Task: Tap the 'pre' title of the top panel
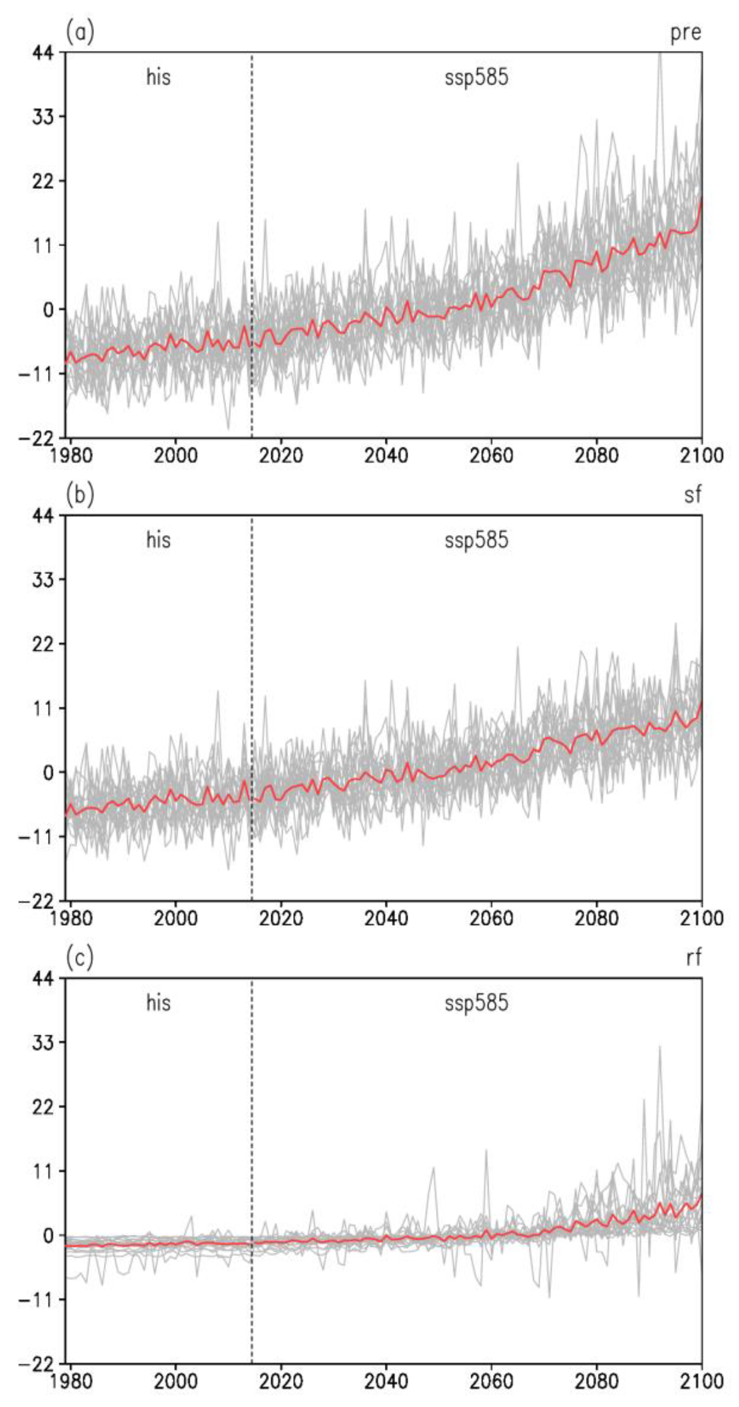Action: point(686,33)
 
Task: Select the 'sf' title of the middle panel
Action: point(692,494)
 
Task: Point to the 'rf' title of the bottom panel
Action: point(693,958)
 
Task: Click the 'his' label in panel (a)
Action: point(158,77)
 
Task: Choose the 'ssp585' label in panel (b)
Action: point(476,540)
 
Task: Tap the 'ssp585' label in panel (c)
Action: point(476,1003)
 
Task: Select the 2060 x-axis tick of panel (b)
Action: point(491,918)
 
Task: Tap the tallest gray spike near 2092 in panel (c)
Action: point(660,1048)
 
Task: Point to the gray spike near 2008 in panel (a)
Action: point(218,224)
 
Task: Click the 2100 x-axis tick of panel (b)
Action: point(701,918)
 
